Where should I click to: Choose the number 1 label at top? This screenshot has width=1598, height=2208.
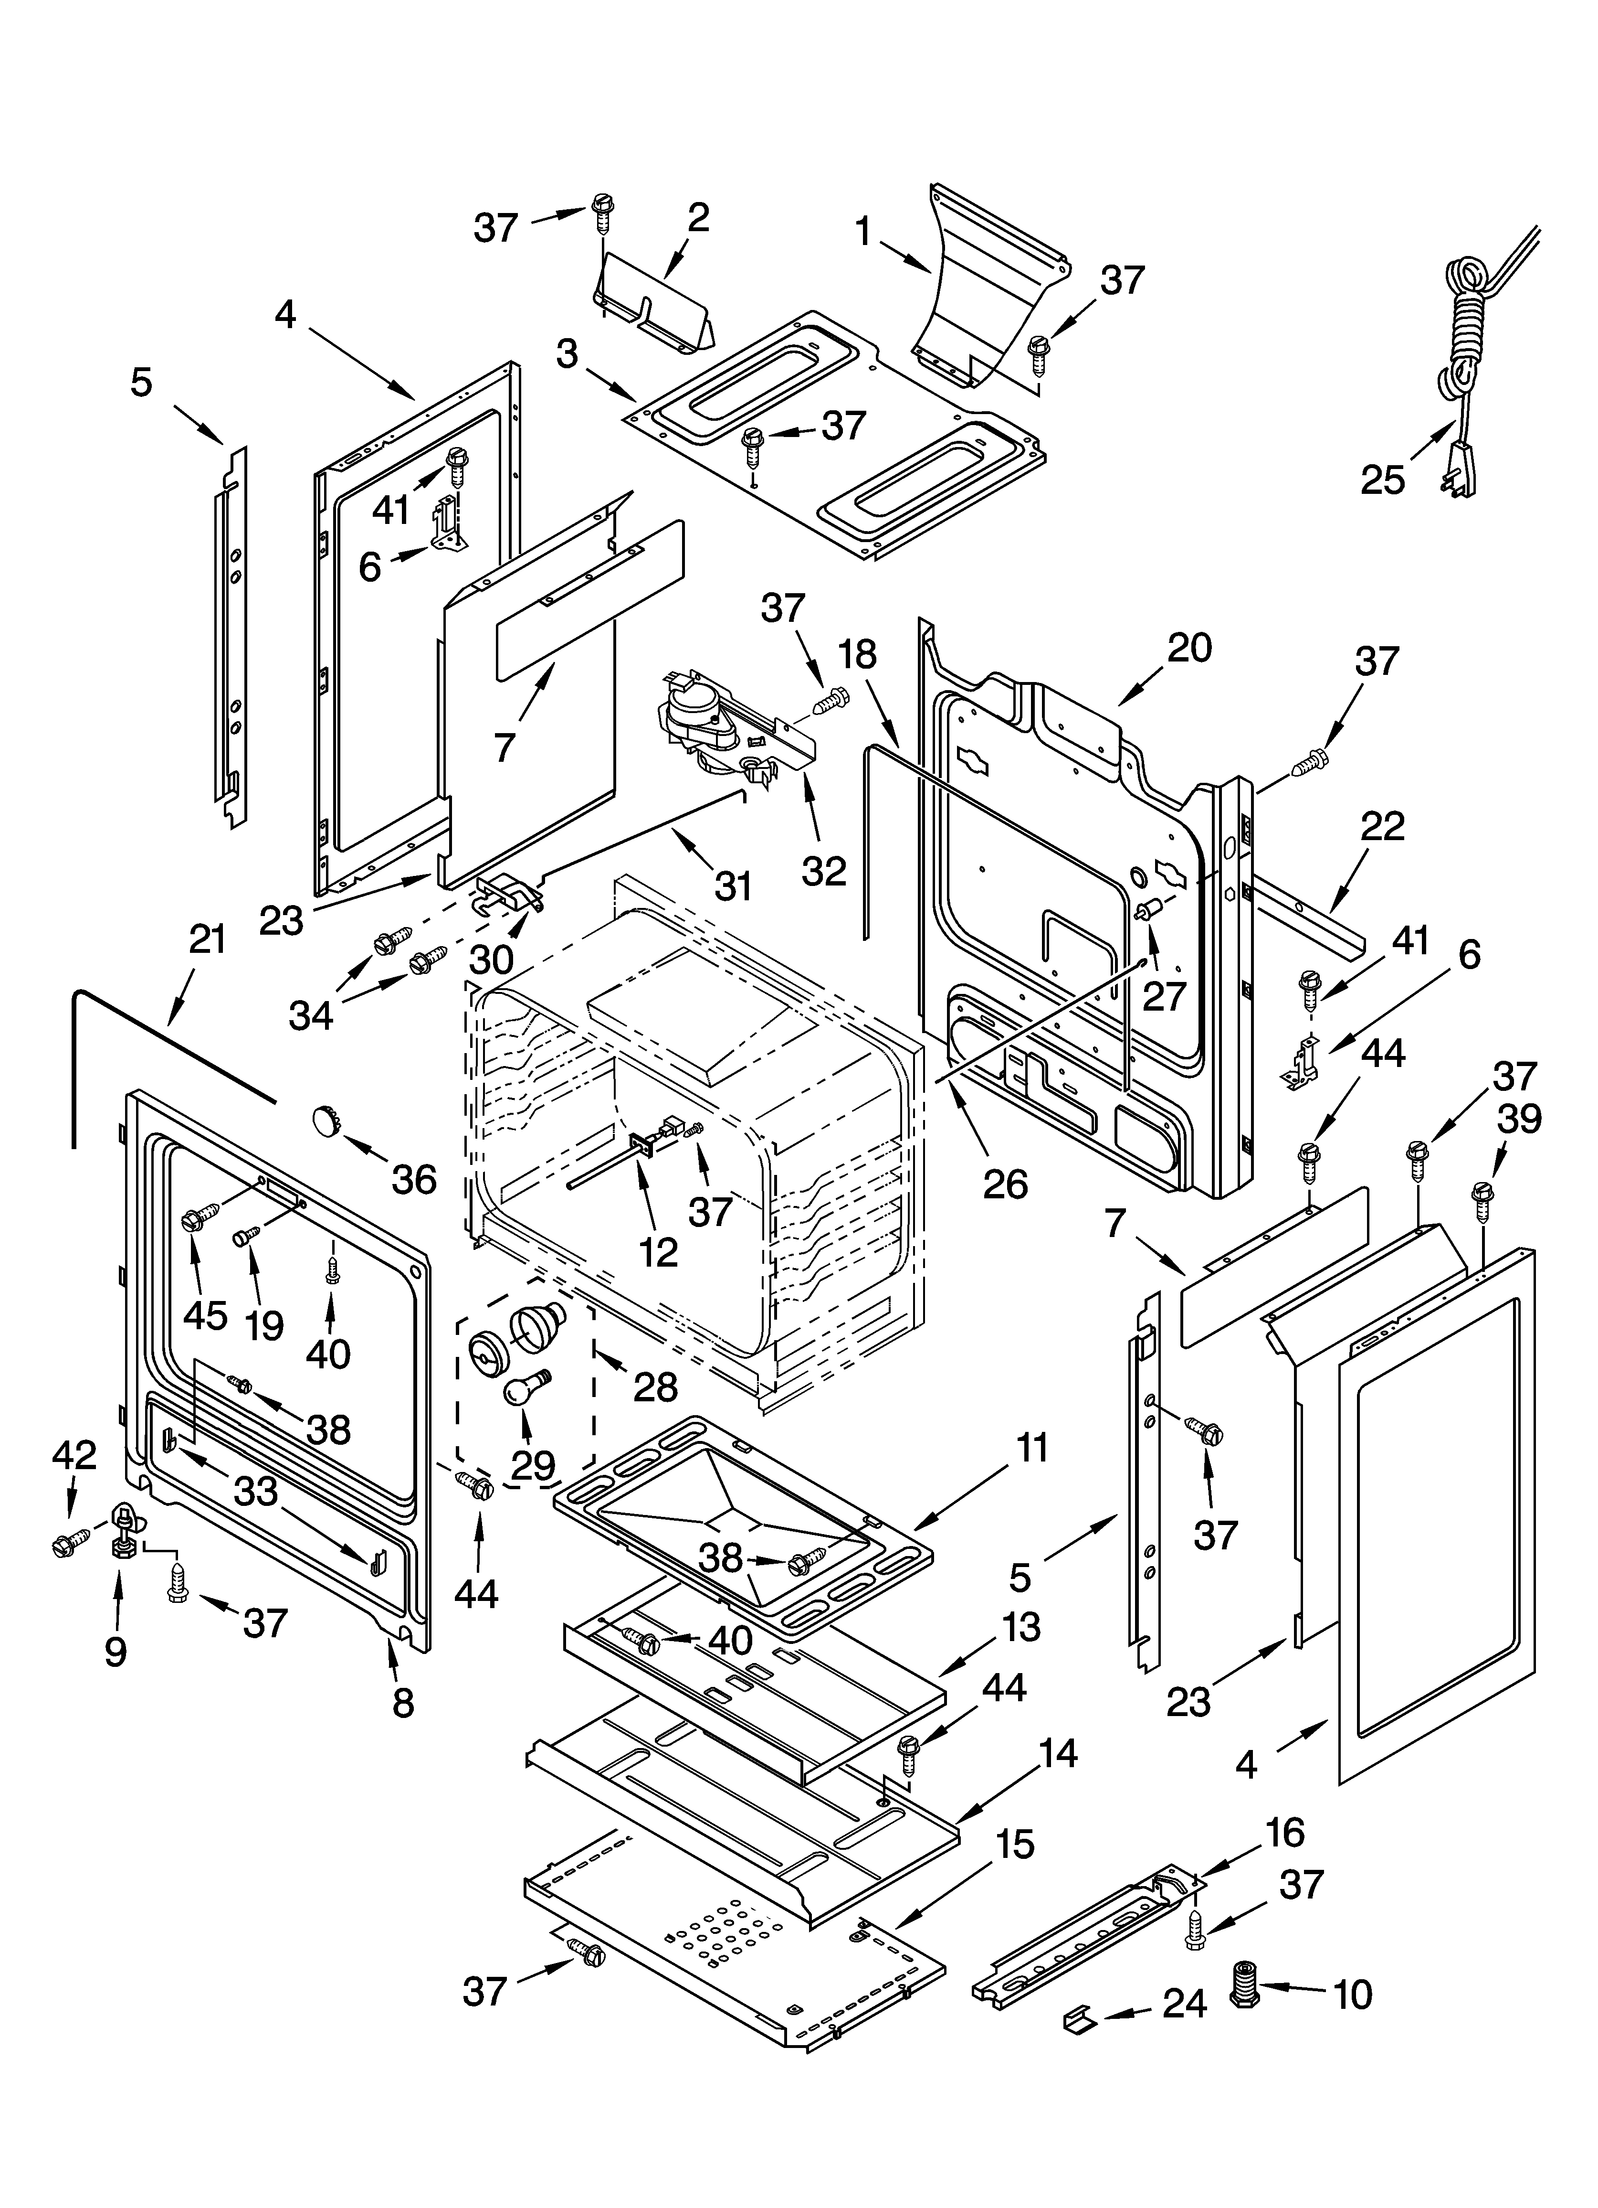coord(862,232)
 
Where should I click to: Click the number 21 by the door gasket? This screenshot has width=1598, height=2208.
coord(206,940)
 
